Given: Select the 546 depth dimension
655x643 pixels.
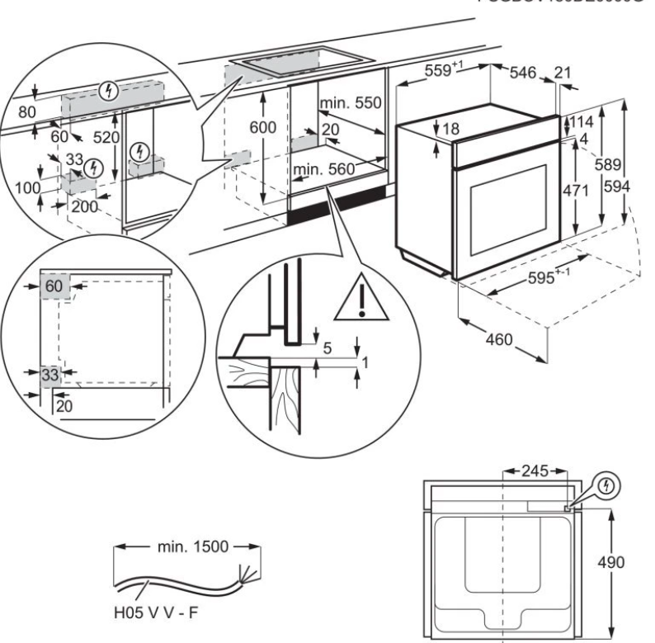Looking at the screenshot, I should point(522,73).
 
